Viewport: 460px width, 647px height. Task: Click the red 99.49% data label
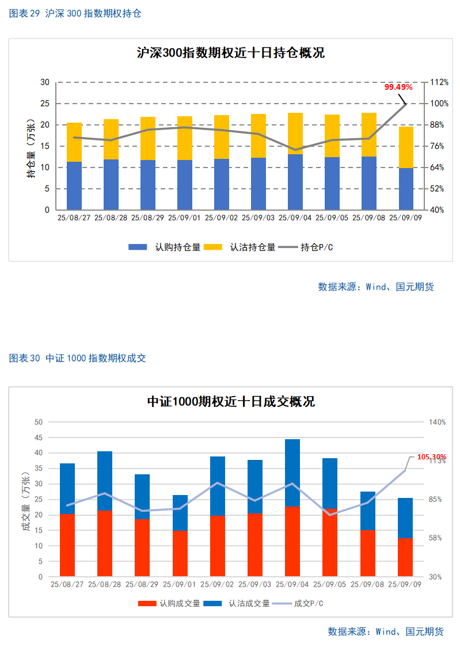(398, 87)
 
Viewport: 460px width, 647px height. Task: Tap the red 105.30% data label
(432, 456)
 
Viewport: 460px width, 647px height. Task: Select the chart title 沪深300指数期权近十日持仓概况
(230, 53)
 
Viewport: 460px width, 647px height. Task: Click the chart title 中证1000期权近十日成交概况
(230, 402)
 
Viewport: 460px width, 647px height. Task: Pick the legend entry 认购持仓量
(165, 247)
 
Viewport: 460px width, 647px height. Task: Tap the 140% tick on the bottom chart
(437, 422)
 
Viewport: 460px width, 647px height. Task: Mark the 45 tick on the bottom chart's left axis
(39, 437)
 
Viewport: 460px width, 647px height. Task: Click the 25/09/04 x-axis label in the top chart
(295, 218)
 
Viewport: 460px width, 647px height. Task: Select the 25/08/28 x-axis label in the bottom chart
(104, 584)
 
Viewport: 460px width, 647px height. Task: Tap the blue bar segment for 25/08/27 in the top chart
(74, 186)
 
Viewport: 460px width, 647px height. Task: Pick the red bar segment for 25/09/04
(292, 541)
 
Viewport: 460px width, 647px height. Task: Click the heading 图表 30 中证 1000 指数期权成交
(78, 358)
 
